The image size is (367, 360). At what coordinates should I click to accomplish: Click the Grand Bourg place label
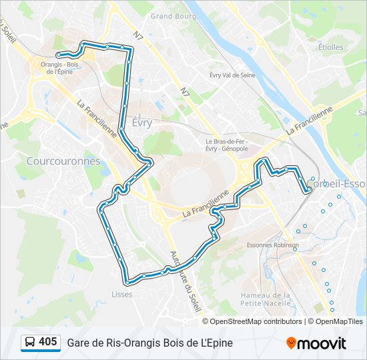[x=171, y=15]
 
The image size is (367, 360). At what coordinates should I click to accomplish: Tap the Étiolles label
[x=330, y=47]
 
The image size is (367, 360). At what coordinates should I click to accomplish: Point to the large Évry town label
[x=141, y=123]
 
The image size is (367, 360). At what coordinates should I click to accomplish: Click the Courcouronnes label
[x=63, y=161]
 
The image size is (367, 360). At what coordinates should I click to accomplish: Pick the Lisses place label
[x=122, y=294]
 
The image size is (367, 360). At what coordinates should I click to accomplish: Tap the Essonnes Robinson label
[x=272, y=245]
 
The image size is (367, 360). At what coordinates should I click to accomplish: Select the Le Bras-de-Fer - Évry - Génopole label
[x=226, y=145]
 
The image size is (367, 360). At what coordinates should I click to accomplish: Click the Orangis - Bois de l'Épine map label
[x=60, y=67]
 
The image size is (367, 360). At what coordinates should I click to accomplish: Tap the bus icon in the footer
[x=29, y=343]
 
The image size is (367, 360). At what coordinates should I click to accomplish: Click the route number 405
[x=47, y=342]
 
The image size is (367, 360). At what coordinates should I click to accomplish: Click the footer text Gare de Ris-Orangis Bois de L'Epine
[x=149, y=343]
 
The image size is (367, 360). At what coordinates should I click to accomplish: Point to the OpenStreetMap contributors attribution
[x=256, y=321]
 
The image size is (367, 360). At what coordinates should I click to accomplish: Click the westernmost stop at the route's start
[x=59, y=55]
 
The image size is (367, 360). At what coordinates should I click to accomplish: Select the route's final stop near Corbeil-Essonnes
[x=308, y=191]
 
